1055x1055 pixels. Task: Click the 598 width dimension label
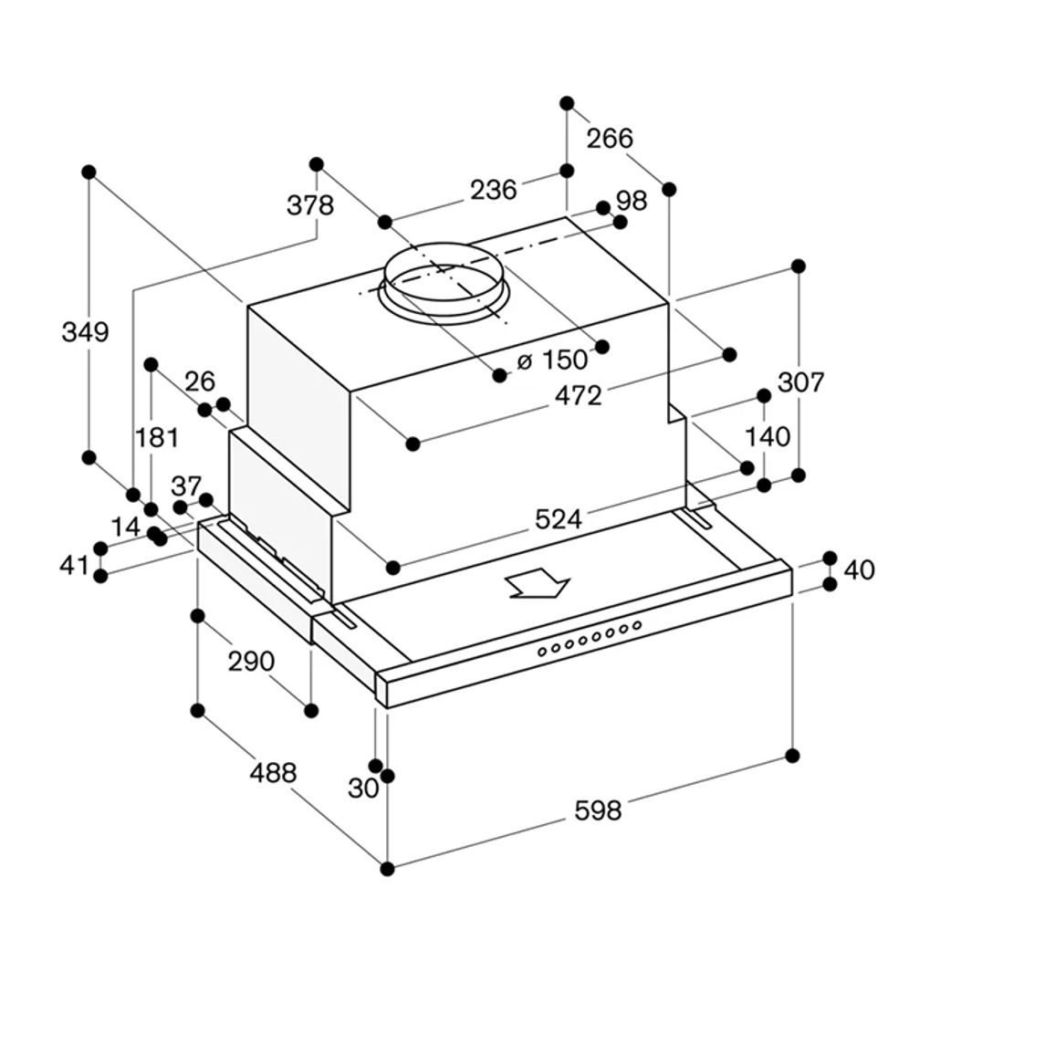[598, 810]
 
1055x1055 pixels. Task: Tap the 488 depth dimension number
[273, 772]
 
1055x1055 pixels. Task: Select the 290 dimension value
[251, 662]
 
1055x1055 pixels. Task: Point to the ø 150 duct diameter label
[552, 360]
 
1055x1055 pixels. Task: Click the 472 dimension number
[579, 396]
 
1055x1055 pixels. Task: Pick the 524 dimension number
[558, 519]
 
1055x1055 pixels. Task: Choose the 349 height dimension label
[85, 331]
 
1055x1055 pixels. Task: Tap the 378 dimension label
[310, 204]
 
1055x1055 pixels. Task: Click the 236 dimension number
[493, 190]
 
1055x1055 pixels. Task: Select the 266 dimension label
[610, 138]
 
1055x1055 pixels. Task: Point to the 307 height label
[800, 382]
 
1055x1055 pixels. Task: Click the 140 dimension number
[768, 436]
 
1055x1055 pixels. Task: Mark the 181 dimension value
[157, 437]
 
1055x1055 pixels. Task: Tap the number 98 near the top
[632, 201]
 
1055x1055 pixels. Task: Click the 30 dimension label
[363, 789]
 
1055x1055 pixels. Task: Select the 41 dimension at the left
[74, 565]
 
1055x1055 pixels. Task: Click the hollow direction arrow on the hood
[538, 582]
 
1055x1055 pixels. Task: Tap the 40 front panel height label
[859, 569]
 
